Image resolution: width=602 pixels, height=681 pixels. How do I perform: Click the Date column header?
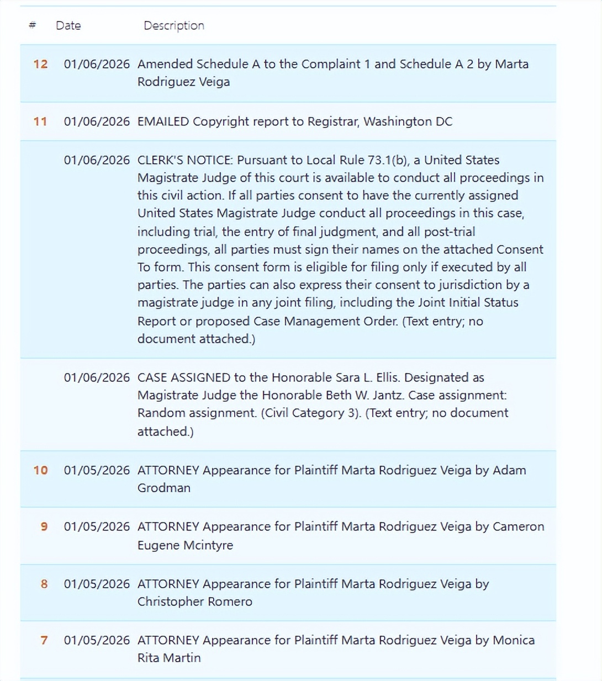[68, 25]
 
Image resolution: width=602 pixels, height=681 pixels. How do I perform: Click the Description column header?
[173, 25]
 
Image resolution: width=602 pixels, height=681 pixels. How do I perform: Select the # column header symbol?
[33, 25]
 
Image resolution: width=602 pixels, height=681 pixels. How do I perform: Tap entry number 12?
[40, 64]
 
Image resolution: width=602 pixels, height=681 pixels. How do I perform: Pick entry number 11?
[40, 121]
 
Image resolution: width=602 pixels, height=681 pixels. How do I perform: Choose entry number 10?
[40, 470]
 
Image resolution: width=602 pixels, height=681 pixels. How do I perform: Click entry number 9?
[44, 526]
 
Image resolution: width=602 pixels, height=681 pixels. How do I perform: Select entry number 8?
[44, 584]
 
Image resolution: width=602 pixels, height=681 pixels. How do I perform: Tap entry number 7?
[44, 640]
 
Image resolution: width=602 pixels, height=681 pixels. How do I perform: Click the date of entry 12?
[97, 64]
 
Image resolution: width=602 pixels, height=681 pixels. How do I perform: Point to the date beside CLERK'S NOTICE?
[97, 160]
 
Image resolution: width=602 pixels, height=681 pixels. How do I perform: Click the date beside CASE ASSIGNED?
[97, 377]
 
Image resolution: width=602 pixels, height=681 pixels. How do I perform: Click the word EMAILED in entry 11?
[163, 121]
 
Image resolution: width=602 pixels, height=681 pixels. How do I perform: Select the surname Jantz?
[386, 395]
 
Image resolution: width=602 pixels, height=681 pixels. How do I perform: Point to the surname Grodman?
[163, 488]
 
